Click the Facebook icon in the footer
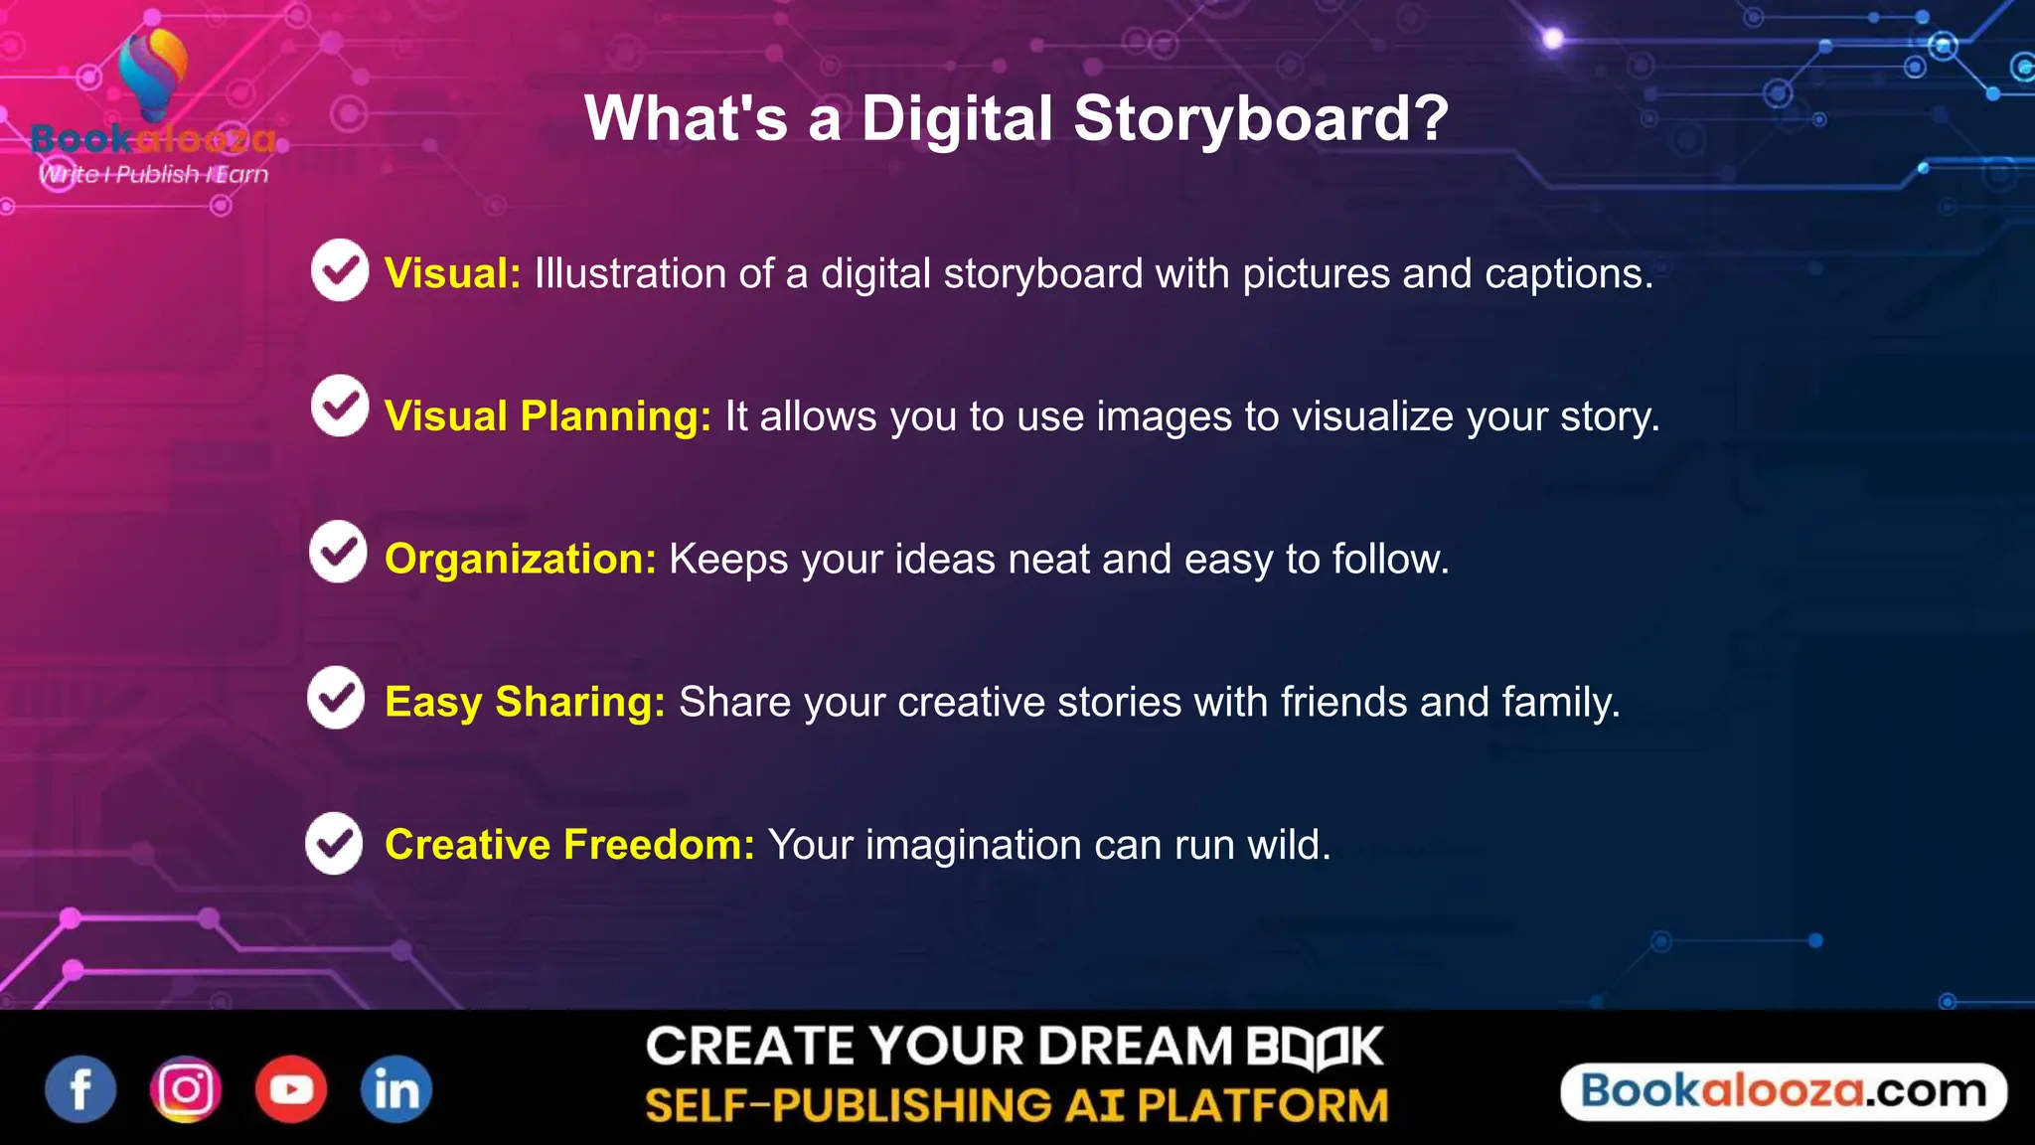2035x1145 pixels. point(80,1089)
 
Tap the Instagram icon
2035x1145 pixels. point(186,1089)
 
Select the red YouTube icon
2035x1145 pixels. point(291,1089)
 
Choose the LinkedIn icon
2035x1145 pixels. point(396,1089)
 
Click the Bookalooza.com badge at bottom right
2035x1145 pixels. point(1784,1091)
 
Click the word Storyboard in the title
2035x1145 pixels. point(1261,118)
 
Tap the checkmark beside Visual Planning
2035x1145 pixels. point(340,406)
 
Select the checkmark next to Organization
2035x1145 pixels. point(338,551)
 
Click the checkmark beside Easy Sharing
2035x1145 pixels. point(336,697)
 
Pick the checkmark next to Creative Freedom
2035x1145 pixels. point(334,844)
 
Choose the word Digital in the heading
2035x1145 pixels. point(957,118)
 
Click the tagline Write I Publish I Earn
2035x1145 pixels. point(153,175)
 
